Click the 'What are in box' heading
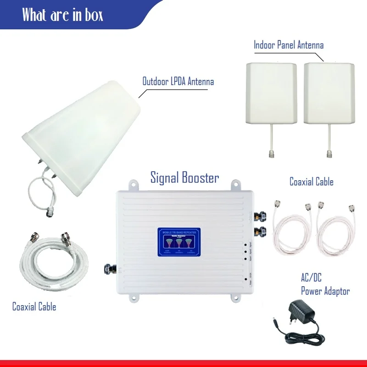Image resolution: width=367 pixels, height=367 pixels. pyautogui.click(x=63, y=15)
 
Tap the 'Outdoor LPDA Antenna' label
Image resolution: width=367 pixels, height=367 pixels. pyautogui.click(x=178, y=82)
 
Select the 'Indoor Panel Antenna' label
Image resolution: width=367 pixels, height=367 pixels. pyautogui.click(x=289, y=45)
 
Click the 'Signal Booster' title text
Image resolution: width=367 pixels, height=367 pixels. pyautogui.click(x=185, y=178)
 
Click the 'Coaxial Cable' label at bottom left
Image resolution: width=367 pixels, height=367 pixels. pyautogui.click(x=34, y=306)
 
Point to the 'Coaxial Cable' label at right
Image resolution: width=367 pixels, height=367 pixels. pyautogui.click(x=311, y=182)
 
